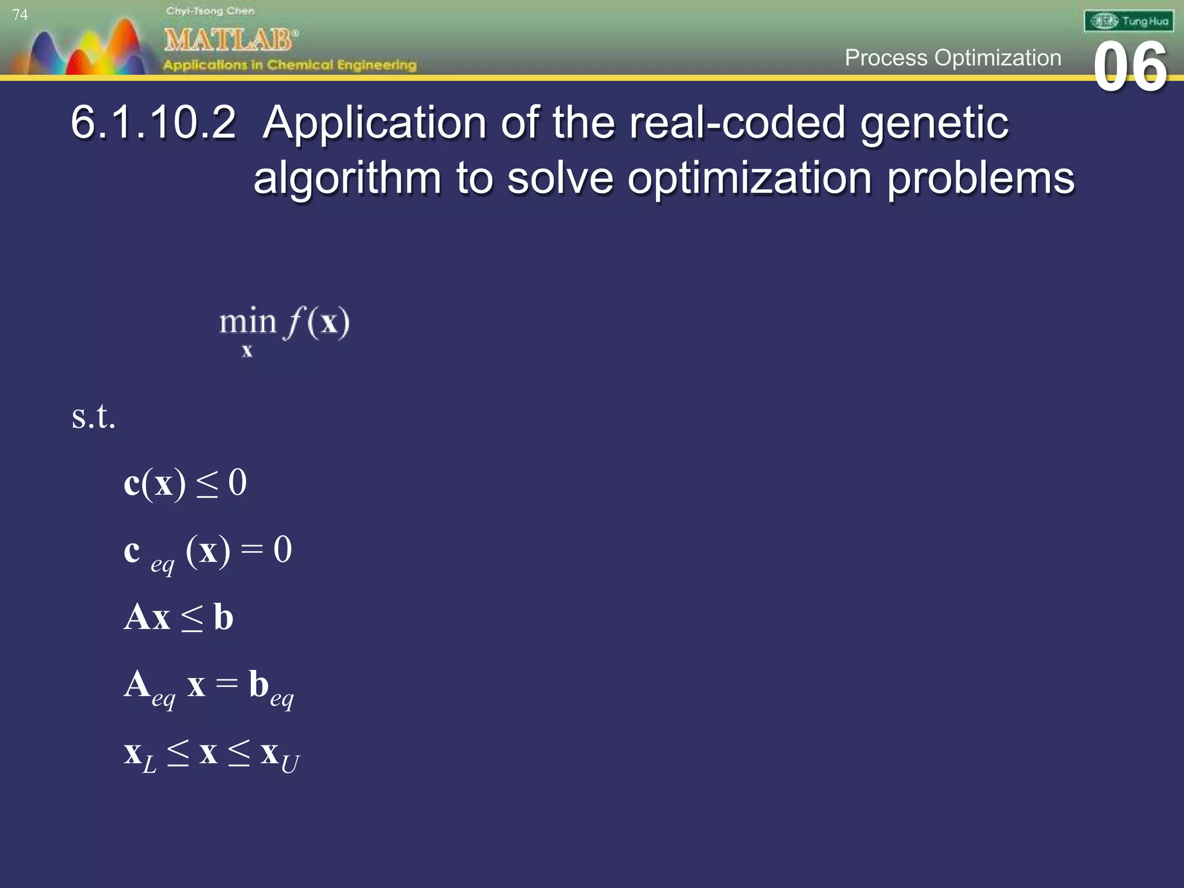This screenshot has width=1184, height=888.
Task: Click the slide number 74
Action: click(20, 14)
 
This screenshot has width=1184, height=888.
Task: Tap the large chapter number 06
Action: click(1130, 68)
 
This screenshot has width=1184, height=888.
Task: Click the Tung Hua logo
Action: click(1128, 21)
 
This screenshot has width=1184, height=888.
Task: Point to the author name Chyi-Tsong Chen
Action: click(210, 11)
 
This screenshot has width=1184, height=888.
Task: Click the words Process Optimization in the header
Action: click(953, 58)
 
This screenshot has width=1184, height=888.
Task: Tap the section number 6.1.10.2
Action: click(153, 123)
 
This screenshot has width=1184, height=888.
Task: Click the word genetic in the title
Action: click(934, 124)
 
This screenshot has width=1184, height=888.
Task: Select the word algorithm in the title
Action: click(347, 178)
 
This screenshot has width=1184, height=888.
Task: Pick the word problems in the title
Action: click(980, 178)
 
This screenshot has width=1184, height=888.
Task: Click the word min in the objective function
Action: click(247, 321)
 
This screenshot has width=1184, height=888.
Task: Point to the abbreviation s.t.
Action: click(94, 416)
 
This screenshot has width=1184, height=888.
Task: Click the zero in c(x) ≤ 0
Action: click(238, 482)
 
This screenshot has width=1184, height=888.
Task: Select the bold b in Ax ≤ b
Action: click(223, 617)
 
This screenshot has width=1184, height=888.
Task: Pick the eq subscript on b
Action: click(282, 698)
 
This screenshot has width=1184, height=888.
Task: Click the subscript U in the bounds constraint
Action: click(290, 764)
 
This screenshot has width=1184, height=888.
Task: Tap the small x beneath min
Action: click(247, 350)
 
